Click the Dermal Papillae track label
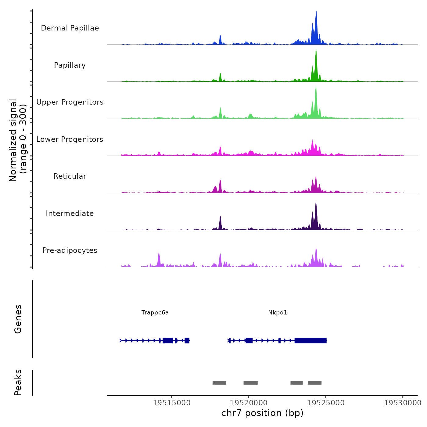tap(70, 28)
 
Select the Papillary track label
tap(70, 65)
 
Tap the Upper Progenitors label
tap(70, 102)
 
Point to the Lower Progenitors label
tap(70, 139)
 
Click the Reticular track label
tap(70, 176)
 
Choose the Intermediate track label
tap(70, 213)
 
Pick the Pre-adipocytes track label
tap(70, 250)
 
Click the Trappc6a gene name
tap(155, 313)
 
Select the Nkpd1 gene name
tap(278, 313)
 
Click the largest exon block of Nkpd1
tap(310, 340)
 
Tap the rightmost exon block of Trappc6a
tap(187, 340)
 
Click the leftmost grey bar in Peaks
tap(219, 383)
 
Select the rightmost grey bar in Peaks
tap(314, 383)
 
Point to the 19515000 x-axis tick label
tap(172, 403)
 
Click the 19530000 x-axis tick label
tap(403, 403)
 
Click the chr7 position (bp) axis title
tap(262, 413)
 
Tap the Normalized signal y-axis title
tap(18, 140)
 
